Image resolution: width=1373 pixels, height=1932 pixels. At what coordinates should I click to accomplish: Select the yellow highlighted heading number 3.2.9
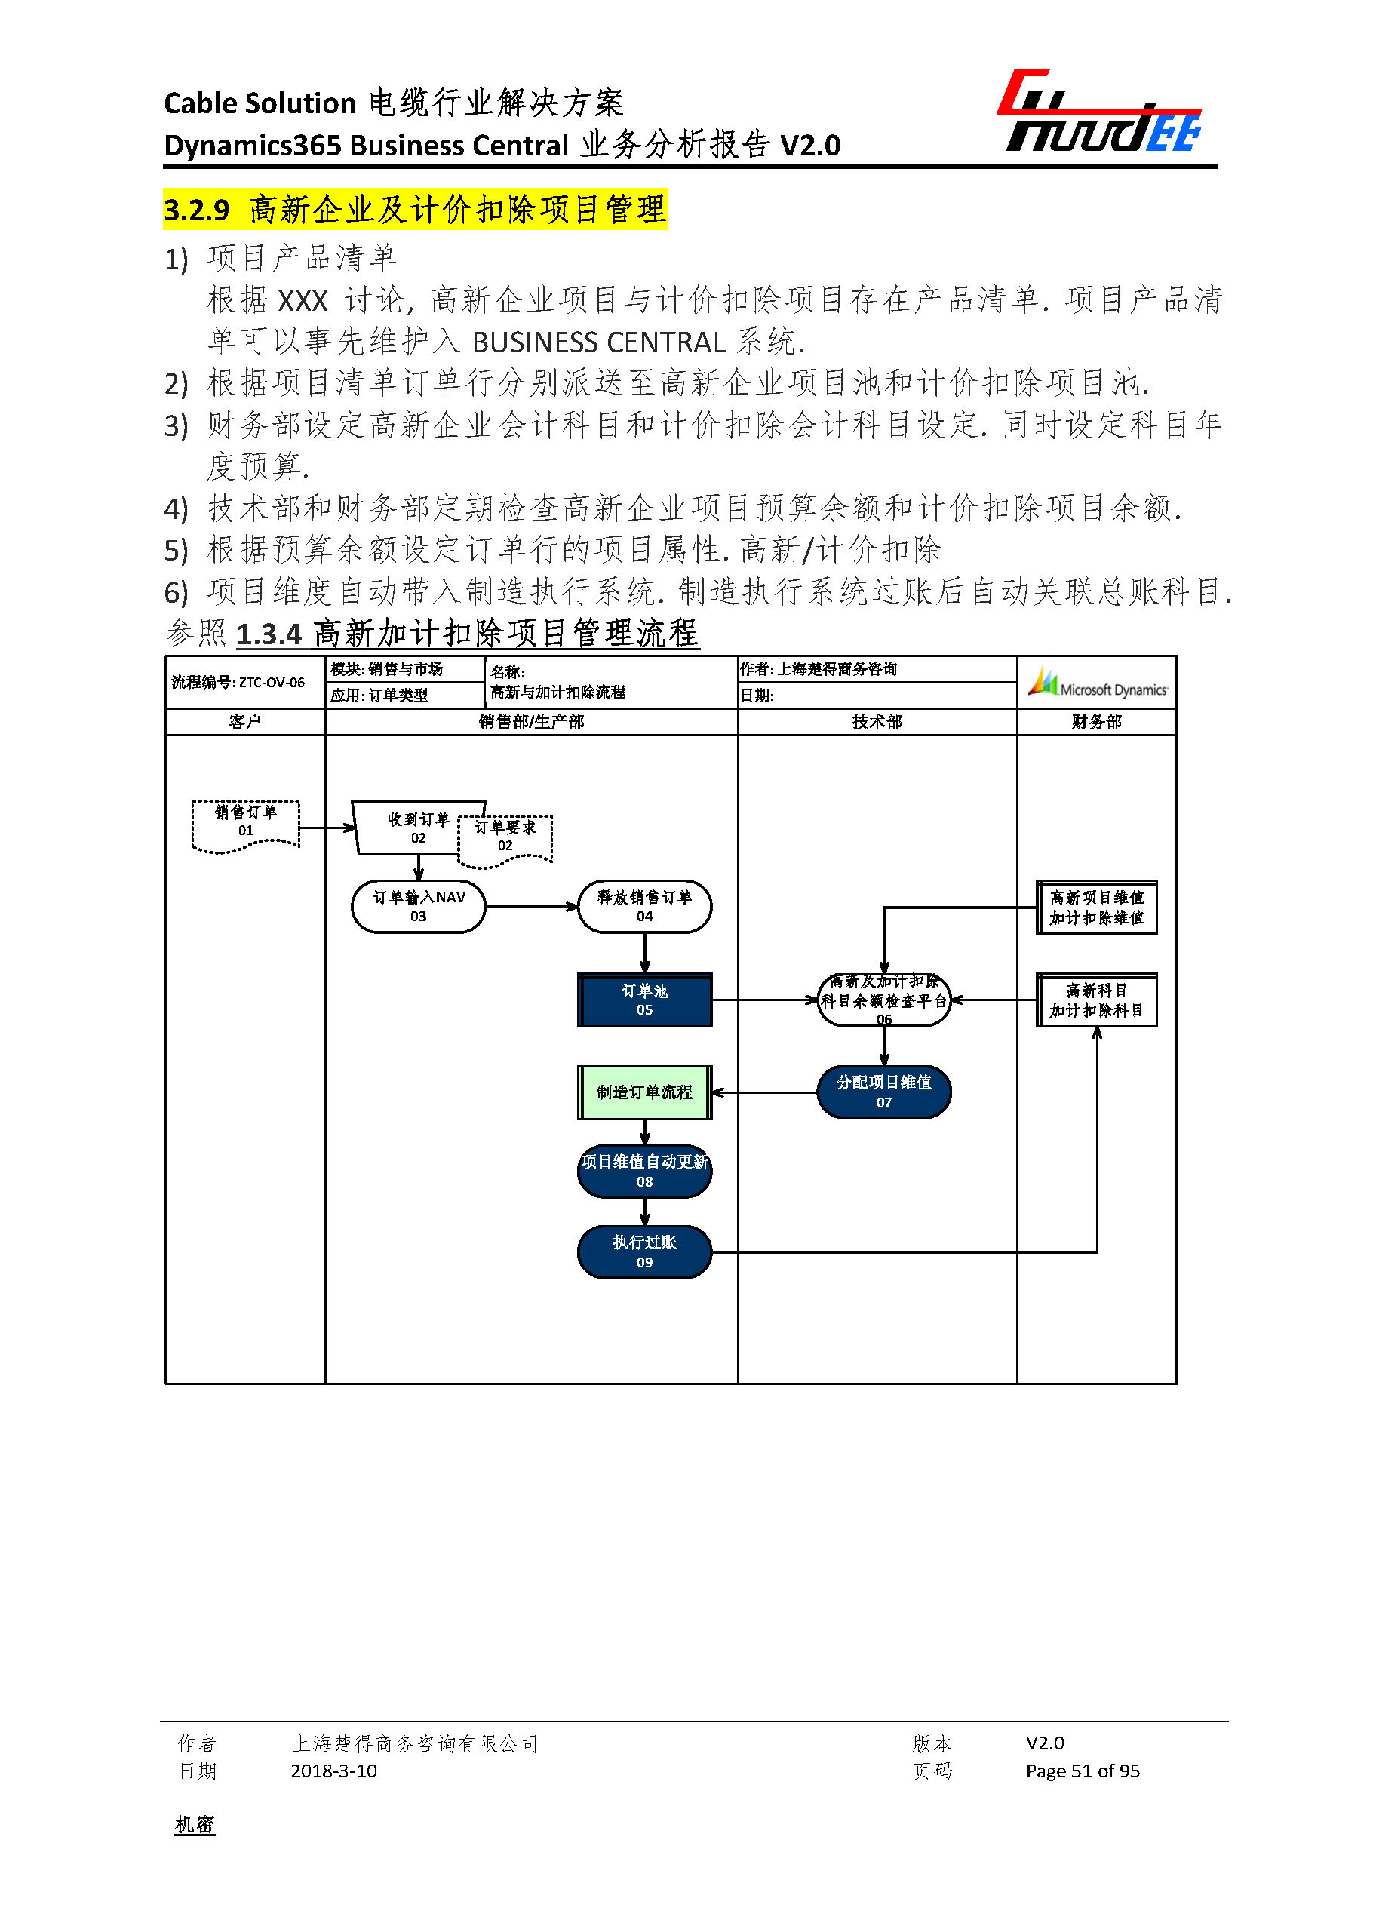click(x=196, y=210)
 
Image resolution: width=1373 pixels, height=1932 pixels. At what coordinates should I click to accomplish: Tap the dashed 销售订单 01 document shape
click(x=245, y=824)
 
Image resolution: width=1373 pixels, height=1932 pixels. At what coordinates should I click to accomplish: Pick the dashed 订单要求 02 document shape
click(x=505, y=838)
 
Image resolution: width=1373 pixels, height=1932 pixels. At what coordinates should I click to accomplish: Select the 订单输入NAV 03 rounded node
click(x=419, y=906)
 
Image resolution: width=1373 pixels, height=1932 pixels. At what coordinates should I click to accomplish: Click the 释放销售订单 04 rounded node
click(x=644, y=906)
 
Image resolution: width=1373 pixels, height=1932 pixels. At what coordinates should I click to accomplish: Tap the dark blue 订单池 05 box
click(x=644, y=1000)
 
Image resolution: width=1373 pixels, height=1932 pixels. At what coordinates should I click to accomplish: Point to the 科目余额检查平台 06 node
click(x=883, y=1000)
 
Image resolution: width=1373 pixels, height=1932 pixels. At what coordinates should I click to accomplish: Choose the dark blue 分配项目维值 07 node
click(x=883, y=1092)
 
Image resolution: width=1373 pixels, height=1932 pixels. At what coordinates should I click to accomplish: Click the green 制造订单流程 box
click(x=644, y=1092)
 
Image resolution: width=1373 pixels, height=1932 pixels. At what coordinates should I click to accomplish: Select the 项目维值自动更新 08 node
click(x=644, y=1171)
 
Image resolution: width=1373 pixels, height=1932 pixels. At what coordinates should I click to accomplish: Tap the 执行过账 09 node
click(x=644, y=1252)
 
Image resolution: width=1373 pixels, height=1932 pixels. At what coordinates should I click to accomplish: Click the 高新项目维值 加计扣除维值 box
click(x=1097, y=908)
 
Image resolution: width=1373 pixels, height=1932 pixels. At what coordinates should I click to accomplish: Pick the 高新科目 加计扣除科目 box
click(x=1097, y=1000)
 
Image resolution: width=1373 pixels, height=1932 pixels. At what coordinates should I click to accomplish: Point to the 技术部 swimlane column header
click(x=877, y=721)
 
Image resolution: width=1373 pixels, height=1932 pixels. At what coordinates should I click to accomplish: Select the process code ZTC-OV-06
click(x=272, y=682)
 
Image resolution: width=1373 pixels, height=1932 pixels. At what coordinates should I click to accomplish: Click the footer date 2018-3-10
click(x=333, y=1771)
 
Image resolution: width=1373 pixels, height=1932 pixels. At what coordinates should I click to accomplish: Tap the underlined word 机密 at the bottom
click(x=195, y=1825)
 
